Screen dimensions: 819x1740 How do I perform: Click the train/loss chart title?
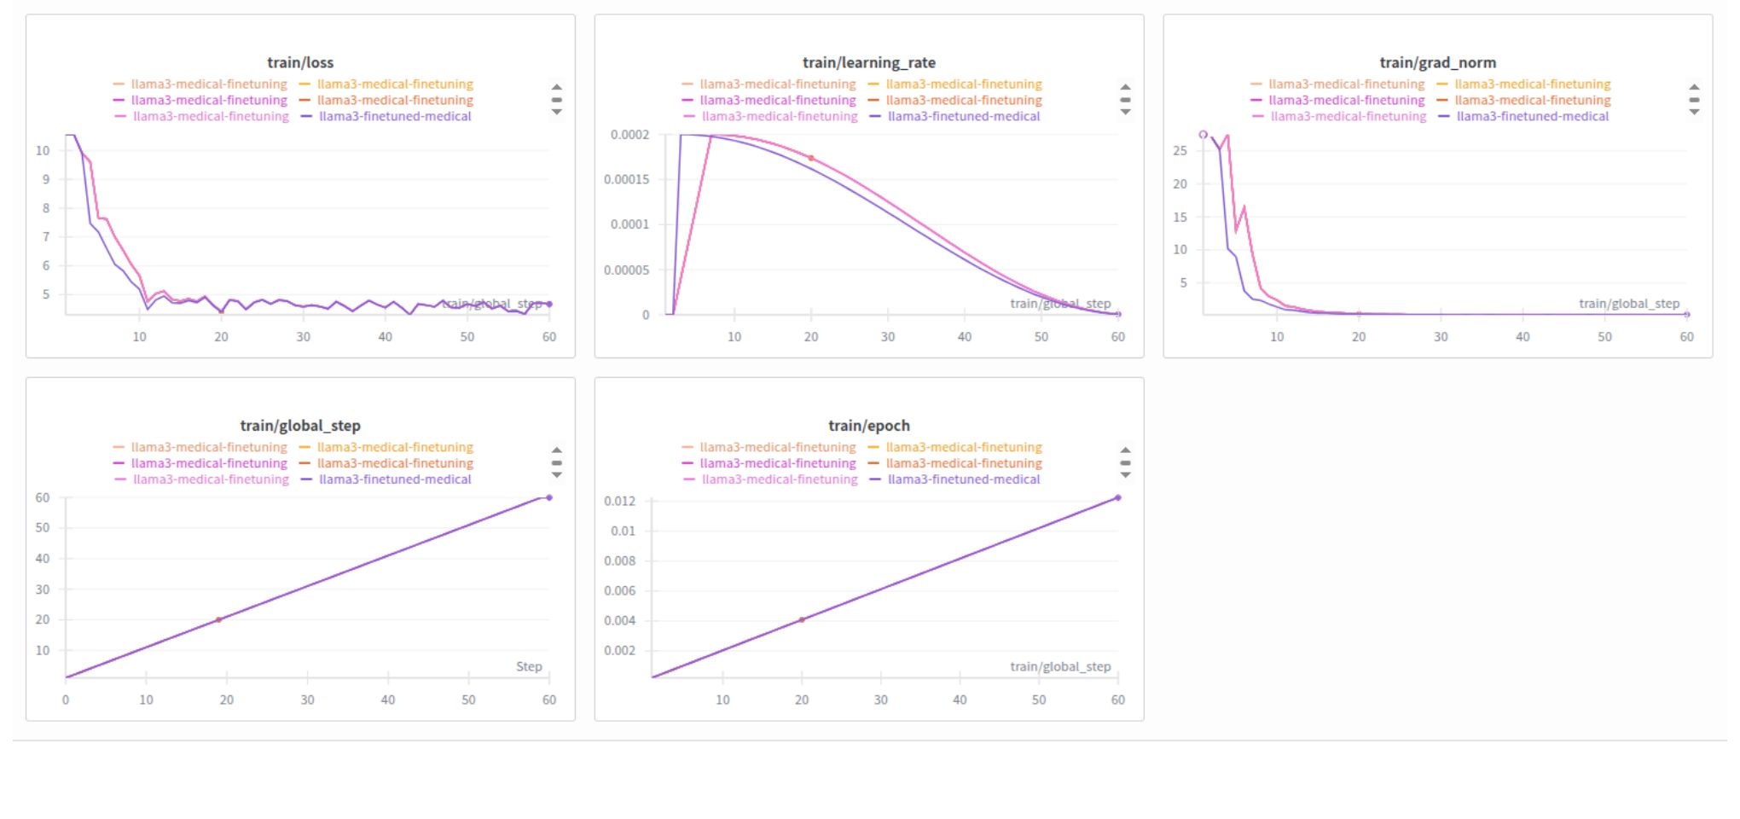[300, 62]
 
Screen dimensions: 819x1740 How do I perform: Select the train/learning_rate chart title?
[868, 62]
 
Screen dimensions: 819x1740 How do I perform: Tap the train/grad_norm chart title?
[1437, 62]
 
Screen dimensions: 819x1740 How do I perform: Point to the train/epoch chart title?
[868, 426]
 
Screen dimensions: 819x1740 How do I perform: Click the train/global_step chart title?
[300, 426]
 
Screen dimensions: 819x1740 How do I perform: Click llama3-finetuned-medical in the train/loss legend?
[395, 116]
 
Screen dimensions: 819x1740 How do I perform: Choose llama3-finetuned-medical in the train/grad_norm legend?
[1532, 116]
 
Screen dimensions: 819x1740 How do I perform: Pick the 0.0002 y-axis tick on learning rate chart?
[629, 135]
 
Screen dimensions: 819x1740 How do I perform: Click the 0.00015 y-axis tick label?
[626, 179]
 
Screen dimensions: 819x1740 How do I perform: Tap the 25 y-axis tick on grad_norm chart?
[1180, 150]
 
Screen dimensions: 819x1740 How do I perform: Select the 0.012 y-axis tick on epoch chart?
[619, 501]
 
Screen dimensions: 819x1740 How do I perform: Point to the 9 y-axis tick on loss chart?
[46, 179]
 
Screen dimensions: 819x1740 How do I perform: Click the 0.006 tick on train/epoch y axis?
[619, 590]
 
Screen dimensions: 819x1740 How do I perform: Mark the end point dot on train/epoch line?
[1117, 497]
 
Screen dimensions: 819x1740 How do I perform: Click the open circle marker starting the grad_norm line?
[1203, 135]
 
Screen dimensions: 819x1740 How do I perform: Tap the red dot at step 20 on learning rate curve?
[810, 158]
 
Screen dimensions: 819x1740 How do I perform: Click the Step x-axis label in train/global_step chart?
[529, 666]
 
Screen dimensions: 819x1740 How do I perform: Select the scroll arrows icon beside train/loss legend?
[556, 99]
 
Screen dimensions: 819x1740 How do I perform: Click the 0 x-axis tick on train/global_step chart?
[66, 700]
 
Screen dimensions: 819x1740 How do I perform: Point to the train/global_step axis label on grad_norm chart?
[1628, 304]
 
